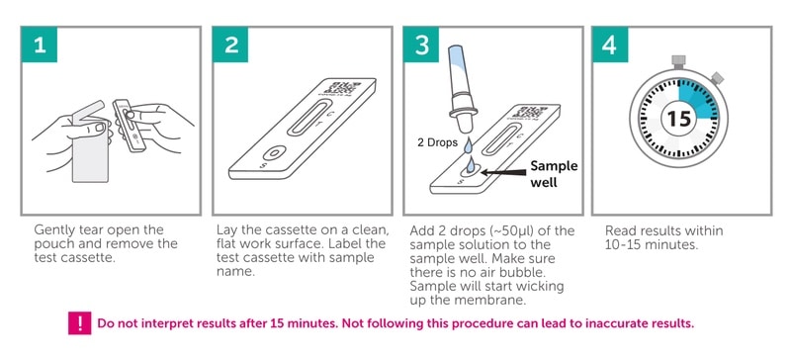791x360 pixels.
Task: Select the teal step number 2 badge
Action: point(232,45)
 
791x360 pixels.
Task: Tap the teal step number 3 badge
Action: point(423,45)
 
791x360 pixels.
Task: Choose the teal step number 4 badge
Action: point(612,45)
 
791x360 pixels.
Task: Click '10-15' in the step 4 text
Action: point(626,244)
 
